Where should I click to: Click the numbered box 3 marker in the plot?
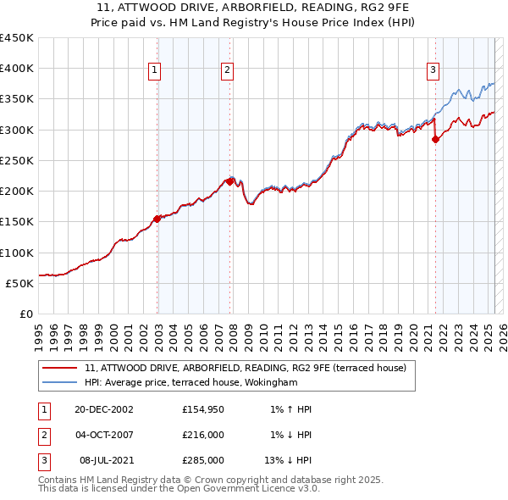(x=433, y=70)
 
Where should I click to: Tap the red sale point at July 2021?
(x=435, y=140)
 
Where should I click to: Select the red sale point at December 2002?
(x=157, y=219)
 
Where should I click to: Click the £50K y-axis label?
(x=20, y=283)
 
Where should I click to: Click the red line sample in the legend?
(x=60, y=368)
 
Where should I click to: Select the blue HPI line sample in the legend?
(x=60, y=382)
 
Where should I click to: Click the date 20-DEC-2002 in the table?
(x=104, y=409)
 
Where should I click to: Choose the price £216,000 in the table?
(x=203, y=435)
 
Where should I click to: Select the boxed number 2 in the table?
(x=43, y=435)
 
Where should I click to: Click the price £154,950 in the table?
(x=203, y=409)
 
